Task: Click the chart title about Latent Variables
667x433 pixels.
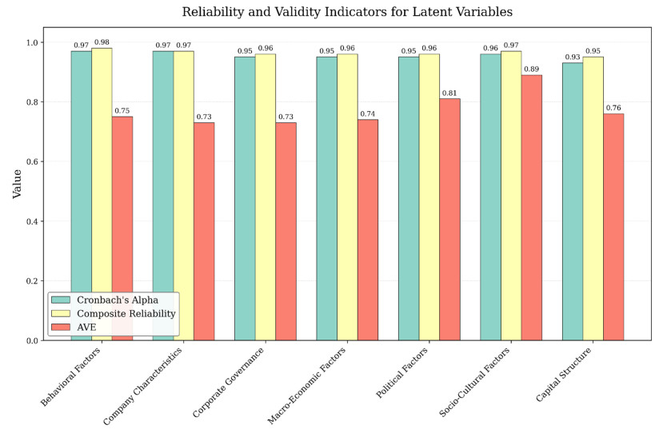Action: [347, 12]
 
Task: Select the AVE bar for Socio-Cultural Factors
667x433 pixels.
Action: [532, 208]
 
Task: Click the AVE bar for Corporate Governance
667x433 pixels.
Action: [286, 232]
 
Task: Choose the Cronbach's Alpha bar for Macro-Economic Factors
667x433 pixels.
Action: [326, 199]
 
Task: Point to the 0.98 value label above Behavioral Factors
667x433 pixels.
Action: [102, 42]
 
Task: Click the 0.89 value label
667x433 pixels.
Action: [532, 70]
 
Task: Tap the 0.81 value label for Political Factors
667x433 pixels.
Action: [449, 93]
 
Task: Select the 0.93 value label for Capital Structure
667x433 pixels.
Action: [573, 58]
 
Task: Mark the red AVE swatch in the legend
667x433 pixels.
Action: [61, 327]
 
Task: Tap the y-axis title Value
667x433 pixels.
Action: [17, 183]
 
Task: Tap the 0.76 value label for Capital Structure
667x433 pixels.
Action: [613, 108]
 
